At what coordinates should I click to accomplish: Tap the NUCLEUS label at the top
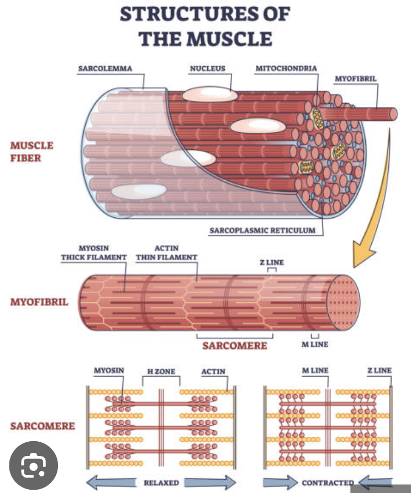click(208, 69)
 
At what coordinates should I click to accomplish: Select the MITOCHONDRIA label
click(286, 69)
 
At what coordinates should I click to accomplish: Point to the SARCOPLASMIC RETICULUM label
click(262, 230)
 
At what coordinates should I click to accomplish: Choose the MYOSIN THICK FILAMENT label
click(94, 253)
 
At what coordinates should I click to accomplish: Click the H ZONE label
click(161, 372)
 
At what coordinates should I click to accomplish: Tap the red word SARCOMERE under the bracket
click(234, 346)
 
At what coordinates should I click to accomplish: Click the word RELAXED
click(161, 483)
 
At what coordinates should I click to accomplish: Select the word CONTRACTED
click(328, 483)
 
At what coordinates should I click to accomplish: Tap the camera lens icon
click(33, 468)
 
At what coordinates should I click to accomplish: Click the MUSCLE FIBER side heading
click(32, 152)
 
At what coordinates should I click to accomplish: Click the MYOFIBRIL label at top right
click(356, 79)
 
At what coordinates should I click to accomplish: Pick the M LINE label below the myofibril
click(314, 345)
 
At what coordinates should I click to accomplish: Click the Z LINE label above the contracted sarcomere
click(378, 371)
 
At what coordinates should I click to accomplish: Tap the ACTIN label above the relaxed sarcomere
click(213, 372)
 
